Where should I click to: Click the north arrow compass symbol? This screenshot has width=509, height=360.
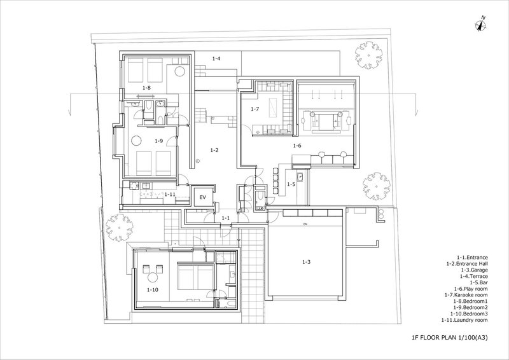(x=481, y=25)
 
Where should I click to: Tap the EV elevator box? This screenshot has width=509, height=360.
(x=203, y=197)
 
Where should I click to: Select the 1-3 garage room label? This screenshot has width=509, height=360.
(x=306, y=262)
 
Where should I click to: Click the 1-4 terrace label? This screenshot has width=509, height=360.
(x=216, y=59)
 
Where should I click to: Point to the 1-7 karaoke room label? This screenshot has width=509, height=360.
(x=254, y=109)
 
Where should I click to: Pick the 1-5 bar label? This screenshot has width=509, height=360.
(x=291, y=184)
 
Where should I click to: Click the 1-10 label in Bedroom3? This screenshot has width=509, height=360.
(x=153, y=289)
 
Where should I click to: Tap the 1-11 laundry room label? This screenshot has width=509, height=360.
(x=170, y=194)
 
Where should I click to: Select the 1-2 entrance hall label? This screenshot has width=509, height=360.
(x=214, y=150)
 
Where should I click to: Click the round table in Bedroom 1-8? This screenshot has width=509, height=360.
(x=180, y=71)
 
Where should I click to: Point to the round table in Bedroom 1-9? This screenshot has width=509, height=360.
(x=136, y=141)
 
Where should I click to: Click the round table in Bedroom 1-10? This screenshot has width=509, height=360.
(x=153, y=277)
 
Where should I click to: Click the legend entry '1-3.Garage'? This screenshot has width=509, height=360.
(x=474, y=270)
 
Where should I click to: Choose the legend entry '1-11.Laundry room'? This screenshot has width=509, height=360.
(x=464, y=320)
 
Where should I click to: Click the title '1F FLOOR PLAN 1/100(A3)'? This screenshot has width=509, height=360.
(x=450, y=338)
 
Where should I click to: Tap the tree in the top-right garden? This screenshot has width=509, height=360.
(x=368, y=55)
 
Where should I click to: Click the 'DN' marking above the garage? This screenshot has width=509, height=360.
(x=305, y=225)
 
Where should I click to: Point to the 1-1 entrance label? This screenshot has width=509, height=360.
(x=226, y=218)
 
